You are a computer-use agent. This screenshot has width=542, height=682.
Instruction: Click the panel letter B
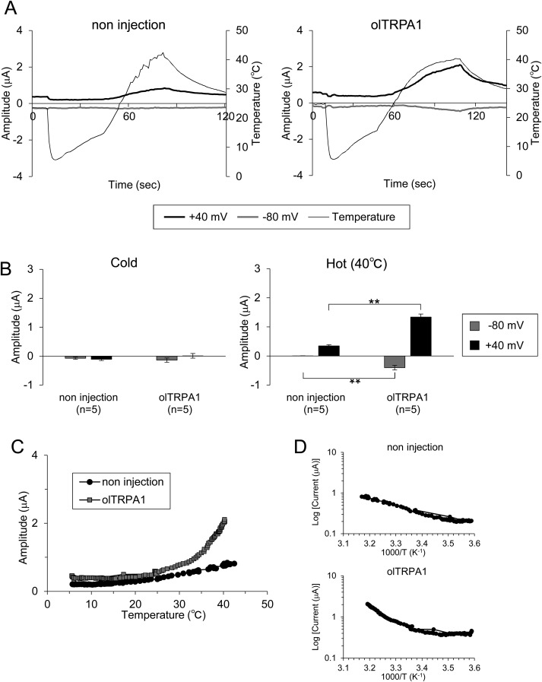[x=8, y=268]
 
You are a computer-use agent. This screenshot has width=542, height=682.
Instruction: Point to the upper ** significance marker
[x=372, y=302]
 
